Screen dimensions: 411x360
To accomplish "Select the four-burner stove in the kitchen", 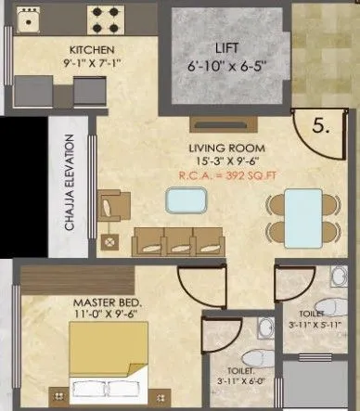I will tap(109, 17).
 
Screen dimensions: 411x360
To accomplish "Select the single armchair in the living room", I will tap(110, 205).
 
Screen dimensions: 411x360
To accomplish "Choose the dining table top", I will tap(298, 215).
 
